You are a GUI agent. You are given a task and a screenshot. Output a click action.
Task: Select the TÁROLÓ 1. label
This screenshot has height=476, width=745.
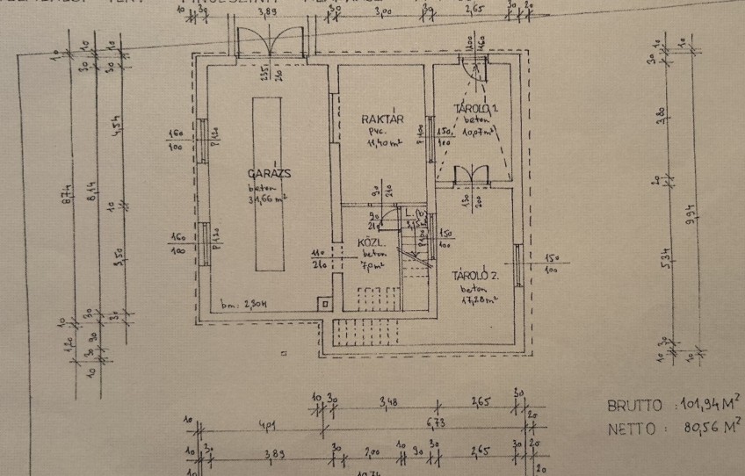(475, 108)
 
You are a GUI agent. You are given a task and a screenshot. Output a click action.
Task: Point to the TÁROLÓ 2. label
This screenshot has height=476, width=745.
(475, 275)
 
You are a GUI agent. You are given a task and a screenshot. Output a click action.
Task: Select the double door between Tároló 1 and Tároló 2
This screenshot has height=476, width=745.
(473, 174)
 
